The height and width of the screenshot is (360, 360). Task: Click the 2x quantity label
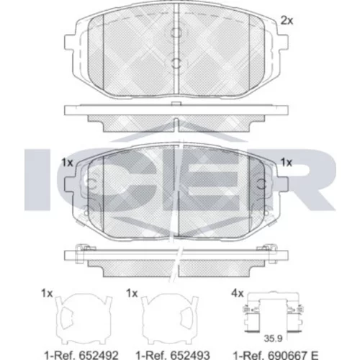(287, 21)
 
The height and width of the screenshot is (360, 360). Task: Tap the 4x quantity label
(238, 293)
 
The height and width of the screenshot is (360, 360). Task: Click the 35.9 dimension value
(273, 338)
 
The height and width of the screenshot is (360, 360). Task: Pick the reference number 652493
(189, 355)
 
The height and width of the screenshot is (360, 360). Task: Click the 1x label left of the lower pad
(68, 163)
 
